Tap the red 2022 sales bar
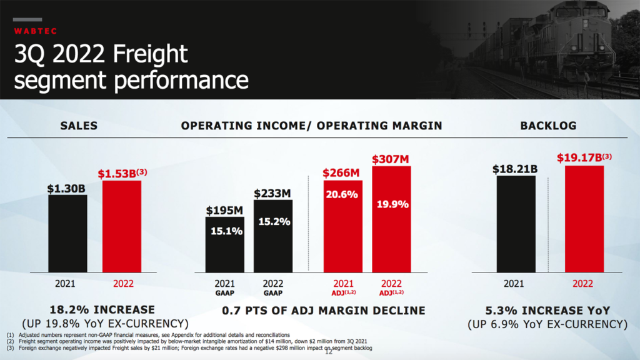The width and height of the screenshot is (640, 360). [x=122, y=226]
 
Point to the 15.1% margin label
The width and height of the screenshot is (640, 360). [x=225, y=231]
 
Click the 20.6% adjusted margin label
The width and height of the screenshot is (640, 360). [x=341, y=194]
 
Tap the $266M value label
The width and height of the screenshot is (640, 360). [x=341, y=172]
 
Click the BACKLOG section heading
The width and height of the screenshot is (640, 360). [x=548, y=126]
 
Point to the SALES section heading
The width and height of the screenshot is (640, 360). [x=79, y=126]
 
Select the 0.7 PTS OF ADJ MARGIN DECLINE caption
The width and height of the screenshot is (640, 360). [x=323, y=310]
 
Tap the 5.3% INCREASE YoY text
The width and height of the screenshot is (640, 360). [x=547, y=310]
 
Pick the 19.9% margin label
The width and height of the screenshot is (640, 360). [x=392, y=204]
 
